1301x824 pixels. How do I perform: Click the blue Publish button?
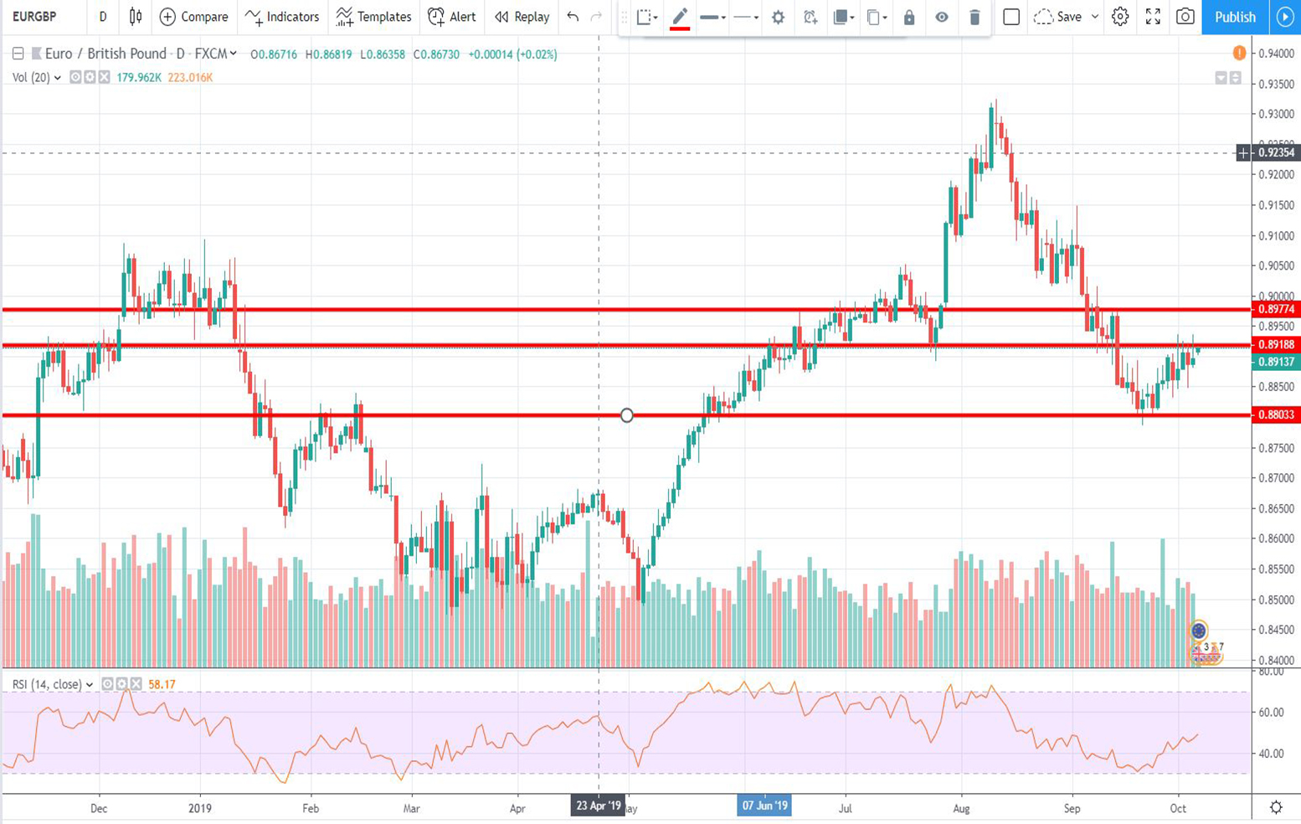1235,17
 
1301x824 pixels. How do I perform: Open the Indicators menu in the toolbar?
283,17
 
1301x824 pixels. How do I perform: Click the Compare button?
194,17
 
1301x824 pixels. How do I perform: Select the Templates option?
374,17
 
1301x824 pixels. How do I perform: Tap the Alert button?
452,17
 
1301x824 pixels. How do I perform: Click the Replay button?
522,17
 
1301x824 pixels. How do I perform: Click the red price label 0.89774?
1276,309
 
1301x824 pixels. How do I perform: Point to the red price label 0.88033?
1276,415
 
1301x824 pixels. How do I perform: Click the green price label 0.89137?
1276,362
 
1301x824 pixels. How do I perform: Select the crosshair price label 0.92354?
1276,152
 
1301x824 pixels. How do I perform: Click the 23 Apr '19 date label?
598,806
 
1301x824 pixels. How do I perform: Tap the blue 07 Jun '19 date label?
764,806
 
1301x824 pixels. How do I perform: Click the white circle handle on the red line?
626,415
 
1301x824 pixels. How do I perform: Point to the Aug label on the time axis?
961,808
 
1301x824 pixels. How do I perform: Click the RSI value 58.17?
162,684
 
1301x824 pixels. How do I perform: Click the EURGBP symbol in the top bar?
34,17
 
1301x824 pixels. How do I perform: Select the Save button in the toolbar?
1068,17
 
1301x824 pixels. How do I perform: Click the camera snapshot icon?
1185,17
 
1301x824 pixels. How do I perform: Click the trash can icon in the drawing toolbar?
974,17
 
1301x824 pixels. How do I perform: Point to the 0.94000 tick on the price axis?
1276,54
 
